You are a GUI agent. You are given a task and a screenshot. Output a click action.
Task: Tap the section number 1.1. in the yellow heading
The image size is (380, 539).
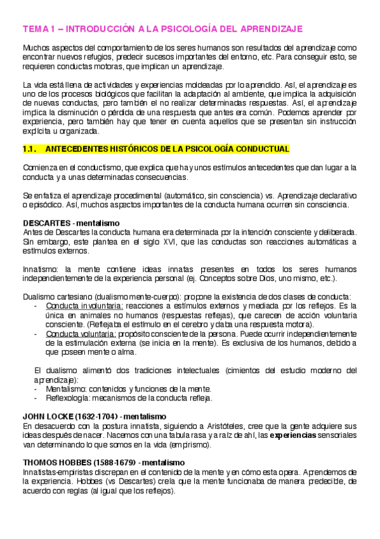click(30, 149)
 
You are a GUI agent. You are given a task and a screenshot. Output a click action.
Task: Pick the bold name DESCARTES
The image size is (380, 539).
click(46, 225)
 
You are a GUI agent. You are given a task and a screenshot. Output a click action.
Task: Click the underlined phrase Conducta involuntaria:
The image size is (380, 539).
click(78, 306)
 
